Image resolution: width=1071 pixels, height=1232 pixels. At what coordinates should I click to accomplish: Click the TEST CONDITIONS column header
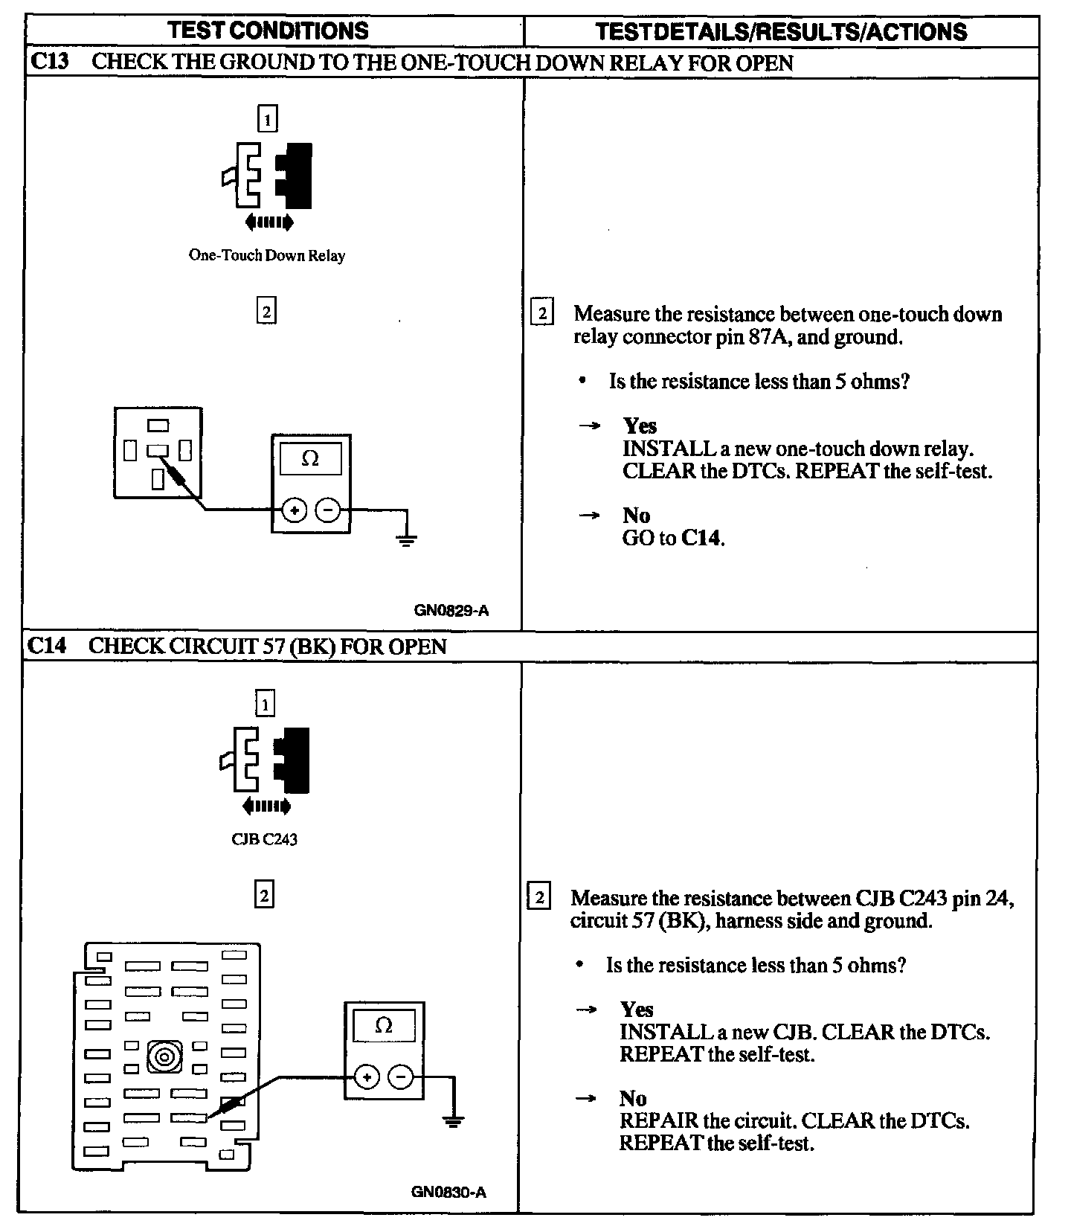268,31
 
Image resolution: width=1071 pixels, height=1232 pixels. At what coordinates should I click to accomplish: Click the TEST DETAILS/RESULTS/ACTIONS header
781,31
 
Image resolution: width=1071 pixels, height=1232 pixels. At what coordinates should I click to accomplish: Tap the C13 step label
49,62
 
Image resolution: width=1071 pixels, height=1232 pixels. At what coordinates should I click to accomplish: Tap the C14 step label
46,646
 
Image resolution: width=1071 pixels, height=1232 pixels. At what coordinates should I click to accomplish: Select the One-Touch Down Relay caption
267,256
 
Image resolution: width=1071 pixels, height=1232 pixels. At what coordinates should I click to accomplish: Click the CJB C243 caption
264,839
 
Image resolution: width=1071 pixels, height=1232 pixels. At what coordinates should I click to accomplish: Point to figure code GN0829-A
451,611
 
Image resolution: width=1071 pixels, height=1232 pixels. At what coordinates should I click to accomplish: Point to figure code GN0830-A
448,1192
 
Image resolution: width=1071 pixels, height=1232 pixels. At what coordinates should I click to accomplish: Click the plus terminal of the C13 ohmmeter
295,510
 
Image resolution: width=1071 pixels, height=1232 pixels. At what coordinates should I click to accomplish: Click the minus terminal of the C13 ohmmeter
328,510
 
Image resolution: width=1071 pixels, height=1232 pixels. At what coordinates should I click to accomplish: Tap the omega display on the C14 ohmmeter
384,1026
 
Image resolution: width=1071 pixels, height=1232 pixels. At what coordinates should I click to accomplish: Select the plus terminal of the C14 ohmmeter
367,1077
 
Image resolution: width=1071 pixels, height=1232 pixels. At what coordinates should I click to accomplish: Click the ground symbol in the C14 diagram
453,1120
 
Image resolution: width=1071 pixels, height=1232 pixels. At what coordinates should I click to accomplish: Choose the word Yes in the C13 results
640,426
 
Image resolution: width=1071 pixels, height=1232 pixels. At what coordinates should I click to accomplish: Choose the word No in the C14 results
633,1099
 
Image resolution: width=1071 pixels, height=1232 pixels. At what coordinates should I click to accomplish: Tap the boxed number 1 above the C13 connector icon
267,119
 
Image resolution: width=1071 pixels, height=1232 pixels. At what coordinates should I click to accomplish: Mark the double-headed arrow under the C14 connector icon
266,806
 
